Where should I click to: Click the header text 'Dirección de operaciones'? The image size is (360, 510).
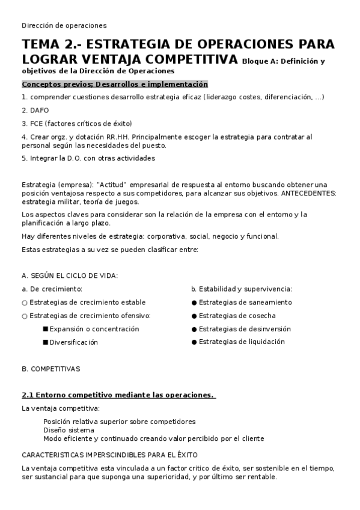(64, 25)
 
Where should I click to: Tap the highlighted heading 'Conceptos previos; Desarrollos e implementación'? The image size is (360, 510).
(114, 84)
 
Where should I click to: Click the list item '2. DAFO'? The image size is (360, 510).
(35, 110)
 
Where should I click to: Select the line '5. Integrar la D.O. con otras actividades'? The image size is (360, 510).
(88, 158)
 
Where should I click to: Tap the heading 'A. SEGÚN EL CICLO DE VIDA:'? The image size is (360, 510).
(69, 275)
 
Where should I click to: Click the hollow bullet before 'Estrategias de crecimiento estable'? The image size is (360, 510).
(25, 303)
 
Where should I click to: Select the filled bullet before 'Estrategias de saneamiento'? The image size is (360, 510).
(194, 303)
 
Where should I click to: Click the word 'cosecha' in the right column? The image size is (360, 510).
(261, 315)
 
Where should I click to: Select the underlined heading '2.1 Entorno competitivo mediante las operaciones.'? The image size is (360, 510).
(118, 395)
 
